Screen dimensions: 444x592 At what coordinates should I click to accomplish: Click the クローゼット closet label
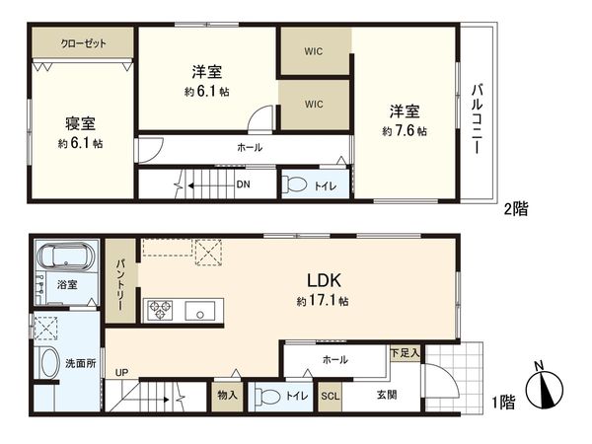(83, 43)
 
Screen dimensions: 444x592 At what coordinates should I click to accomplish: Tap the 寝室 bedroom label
(80, 124)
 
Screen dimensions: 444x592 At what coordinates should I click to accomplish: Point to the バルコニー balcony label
(477, 115)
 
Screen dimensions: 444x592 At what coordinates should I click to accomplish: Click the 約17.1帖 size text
(320, 301)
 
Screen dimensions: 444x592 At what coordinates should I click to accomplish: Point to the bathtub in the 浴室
(64, 259)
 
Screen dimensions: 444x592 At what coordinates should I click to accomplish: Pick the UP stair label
(121, 373)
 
